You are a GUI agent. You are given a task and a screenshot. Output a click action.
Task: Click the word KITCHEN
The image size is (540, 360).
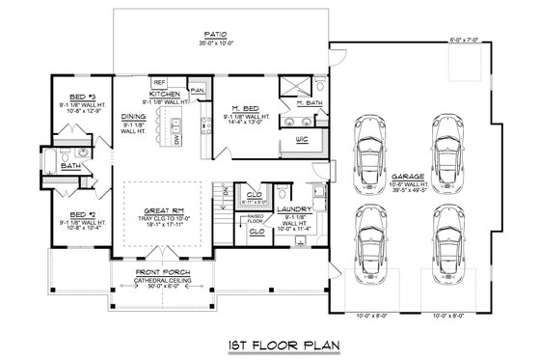[164, 94]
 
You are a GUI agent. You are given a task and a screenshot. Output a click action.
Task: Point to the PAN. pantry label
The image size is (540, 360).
[198, 90]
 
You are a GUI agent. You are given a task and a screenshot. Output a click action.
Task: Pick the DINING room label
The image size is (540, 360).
[133, 117]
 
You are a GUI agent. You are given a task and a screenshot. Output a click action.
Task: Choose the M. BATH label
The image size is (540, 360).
[310, 102]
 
